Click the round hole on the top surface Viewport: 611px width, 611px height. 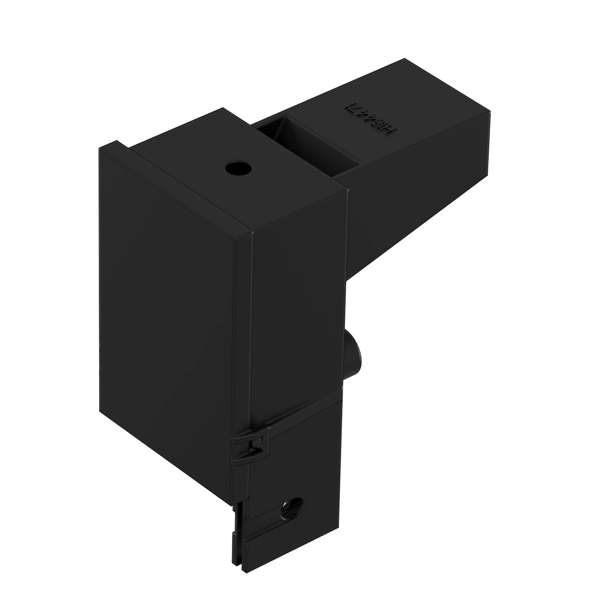pos(239,168)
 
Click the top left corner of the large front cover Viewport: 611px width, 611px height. pos(99,148)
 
